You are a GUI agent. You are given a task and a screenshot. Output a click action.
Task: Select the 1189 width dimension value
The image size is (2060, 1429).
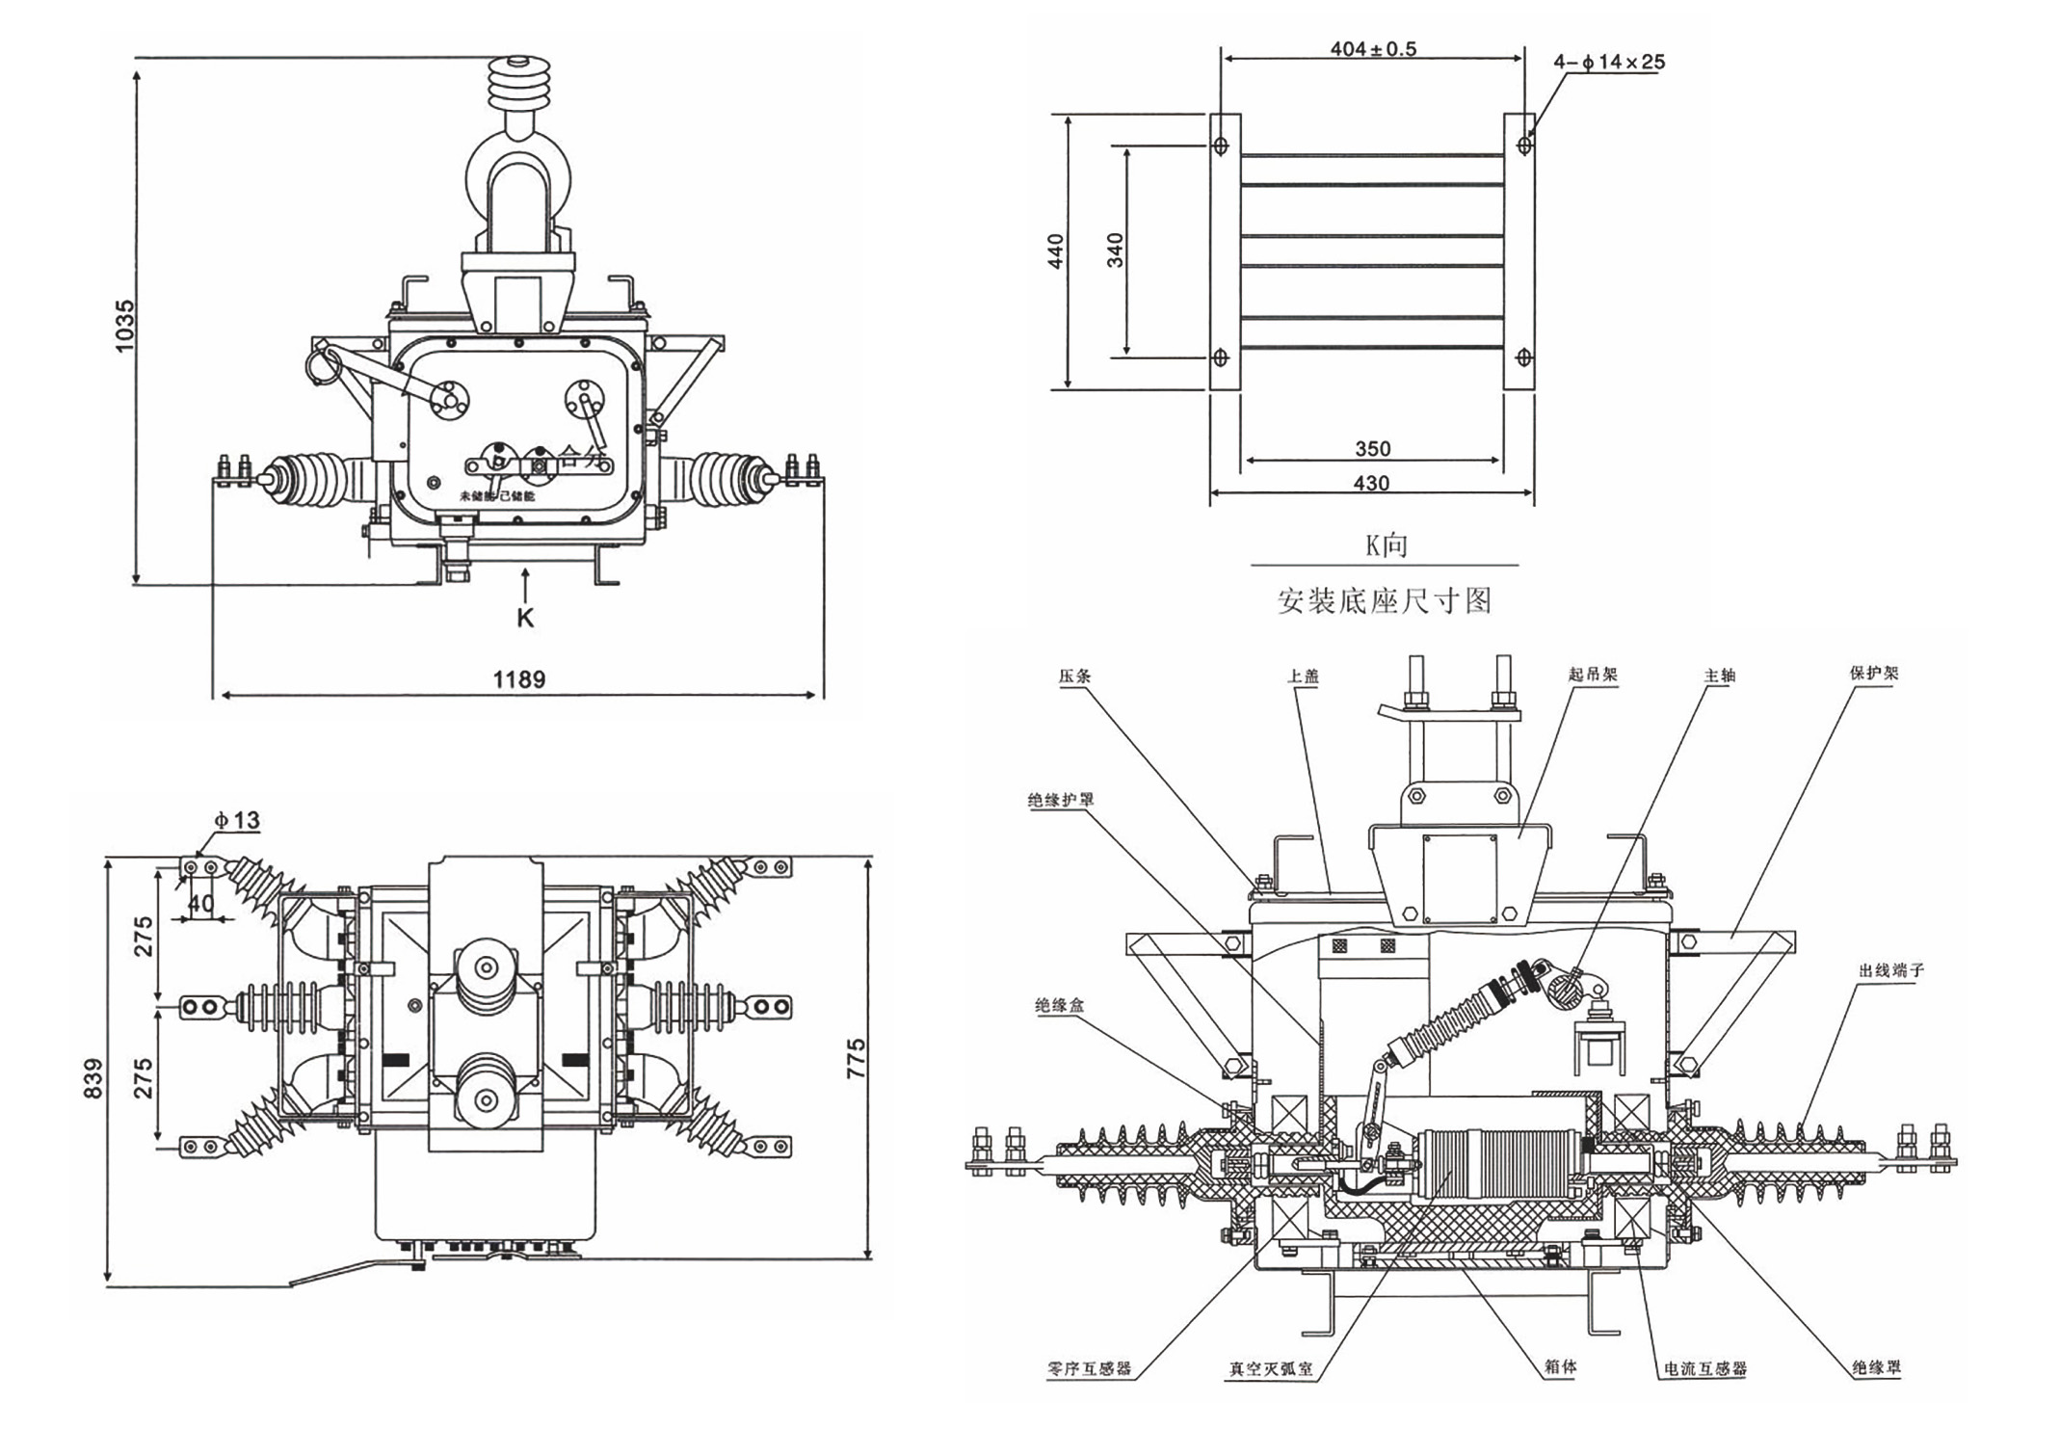[519, 679]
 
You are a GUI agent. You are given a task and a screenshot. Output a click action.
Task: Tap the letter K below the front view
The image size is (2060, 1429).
[525, 618]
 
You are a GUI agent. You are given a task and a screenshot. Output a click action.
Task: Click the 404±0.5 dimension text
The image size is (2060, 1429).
[1373, 48]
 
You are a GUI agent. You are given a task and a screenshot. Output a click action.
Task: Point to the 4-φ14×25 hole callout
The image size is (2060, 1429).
[1609, 62]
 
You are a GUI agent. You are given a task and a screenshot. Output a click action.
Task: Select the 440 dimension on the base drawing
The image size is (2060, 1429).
[1056, 251]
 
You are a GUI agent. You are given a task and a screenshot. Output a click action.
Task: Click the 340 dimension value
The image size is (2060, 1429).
[1116, 251]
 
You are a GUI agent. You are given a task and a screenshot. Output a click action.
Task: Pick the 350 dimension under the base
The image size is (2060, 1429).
[1373, 448]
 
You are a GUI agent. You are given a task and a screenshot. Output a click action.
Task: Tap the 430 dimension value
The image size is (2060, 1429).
[1371, 483]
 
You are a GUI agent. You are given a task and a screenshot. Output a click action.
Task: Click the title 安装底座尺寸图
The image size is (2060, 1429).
[1385, 601]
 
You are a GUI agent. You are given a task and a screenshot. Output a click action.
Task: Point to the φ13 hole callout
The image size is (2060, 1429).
[237, 820]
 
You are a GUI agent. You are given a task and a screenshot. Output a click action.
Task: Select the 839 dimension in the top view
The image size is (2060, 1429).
[92, 1078]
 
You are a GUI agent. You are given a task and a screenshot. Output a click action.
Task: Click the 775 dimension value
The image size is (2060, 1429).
[856, 1057]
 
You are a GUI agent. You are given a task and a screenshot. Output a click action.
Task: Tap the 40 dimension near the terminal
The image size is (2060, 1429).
[200, 904]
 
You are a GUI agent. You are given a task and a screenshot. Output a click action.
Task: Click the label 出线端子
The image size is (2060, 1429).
[1890, 970]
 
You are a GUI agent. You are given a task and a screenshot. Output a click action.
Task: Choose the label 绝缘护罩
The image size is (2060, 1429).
[1061, 800]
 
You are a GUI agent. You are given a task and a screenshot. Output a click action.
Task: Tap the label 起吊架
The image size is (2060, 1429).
[1593, 675]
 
